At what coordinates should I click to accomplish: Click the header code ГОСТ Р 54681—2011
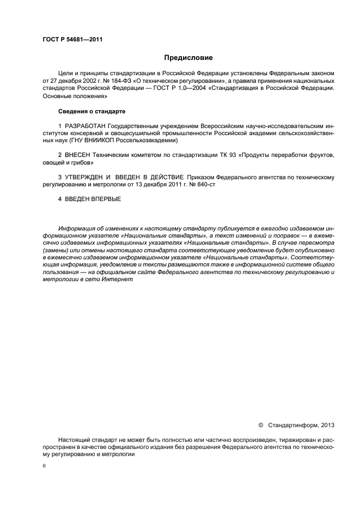(72, 39)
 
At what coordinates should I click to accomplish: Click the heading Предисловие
(188, 58)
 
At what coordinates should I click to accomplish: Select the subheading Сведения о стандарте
(91, 112)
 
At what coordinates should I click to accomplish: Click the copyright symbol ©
(260, 424)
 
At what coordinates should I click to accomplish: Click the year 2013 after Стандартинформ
(327, 424)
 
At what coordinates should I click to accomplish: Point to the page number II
(44, 466)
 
